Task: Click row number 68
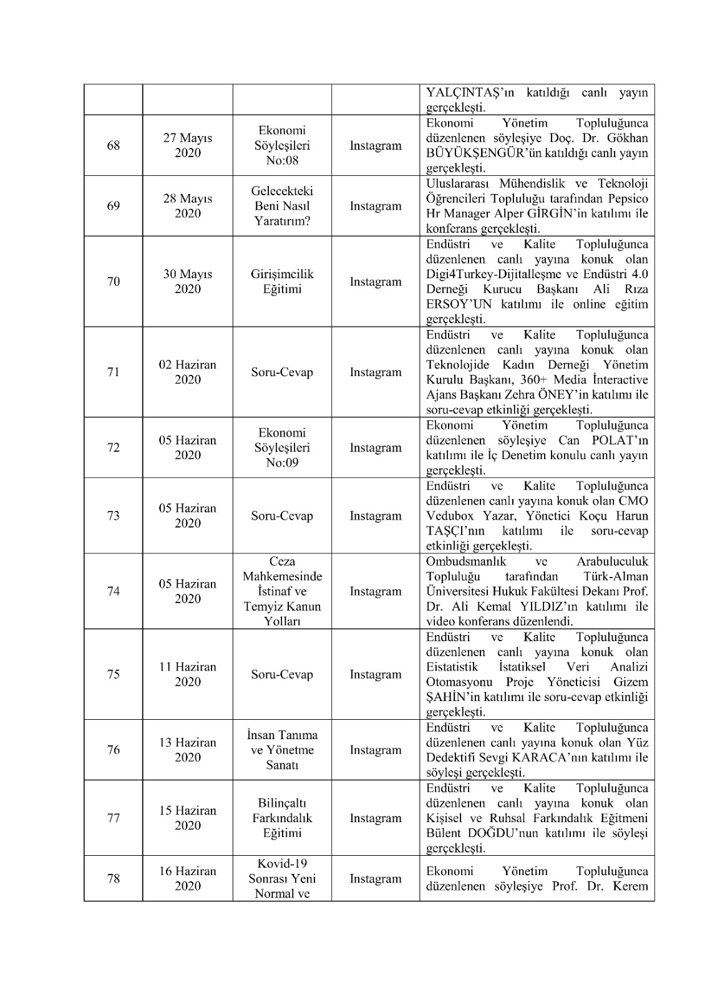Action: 114,145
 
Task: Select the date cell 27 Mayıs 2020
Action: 188,145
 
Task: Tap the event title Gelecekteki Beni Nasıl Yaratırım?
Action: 282,206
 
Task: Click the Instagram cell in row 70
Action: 376,282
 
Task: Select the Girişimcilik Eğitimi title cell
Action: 282,282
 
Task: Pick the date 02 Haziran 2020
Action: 188,372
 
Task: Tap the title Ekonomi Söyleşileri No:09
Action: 282,448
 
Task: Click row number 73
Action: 114,516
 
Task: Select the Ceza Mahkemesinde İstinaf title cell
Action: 282,591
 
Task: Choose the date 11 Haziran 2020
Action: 188,674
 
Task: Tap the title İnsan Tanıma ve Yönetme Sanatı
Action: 282,750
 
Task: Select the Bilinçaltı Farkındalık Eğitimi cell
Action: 282,818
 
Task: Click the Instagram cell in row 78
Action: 376,879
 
